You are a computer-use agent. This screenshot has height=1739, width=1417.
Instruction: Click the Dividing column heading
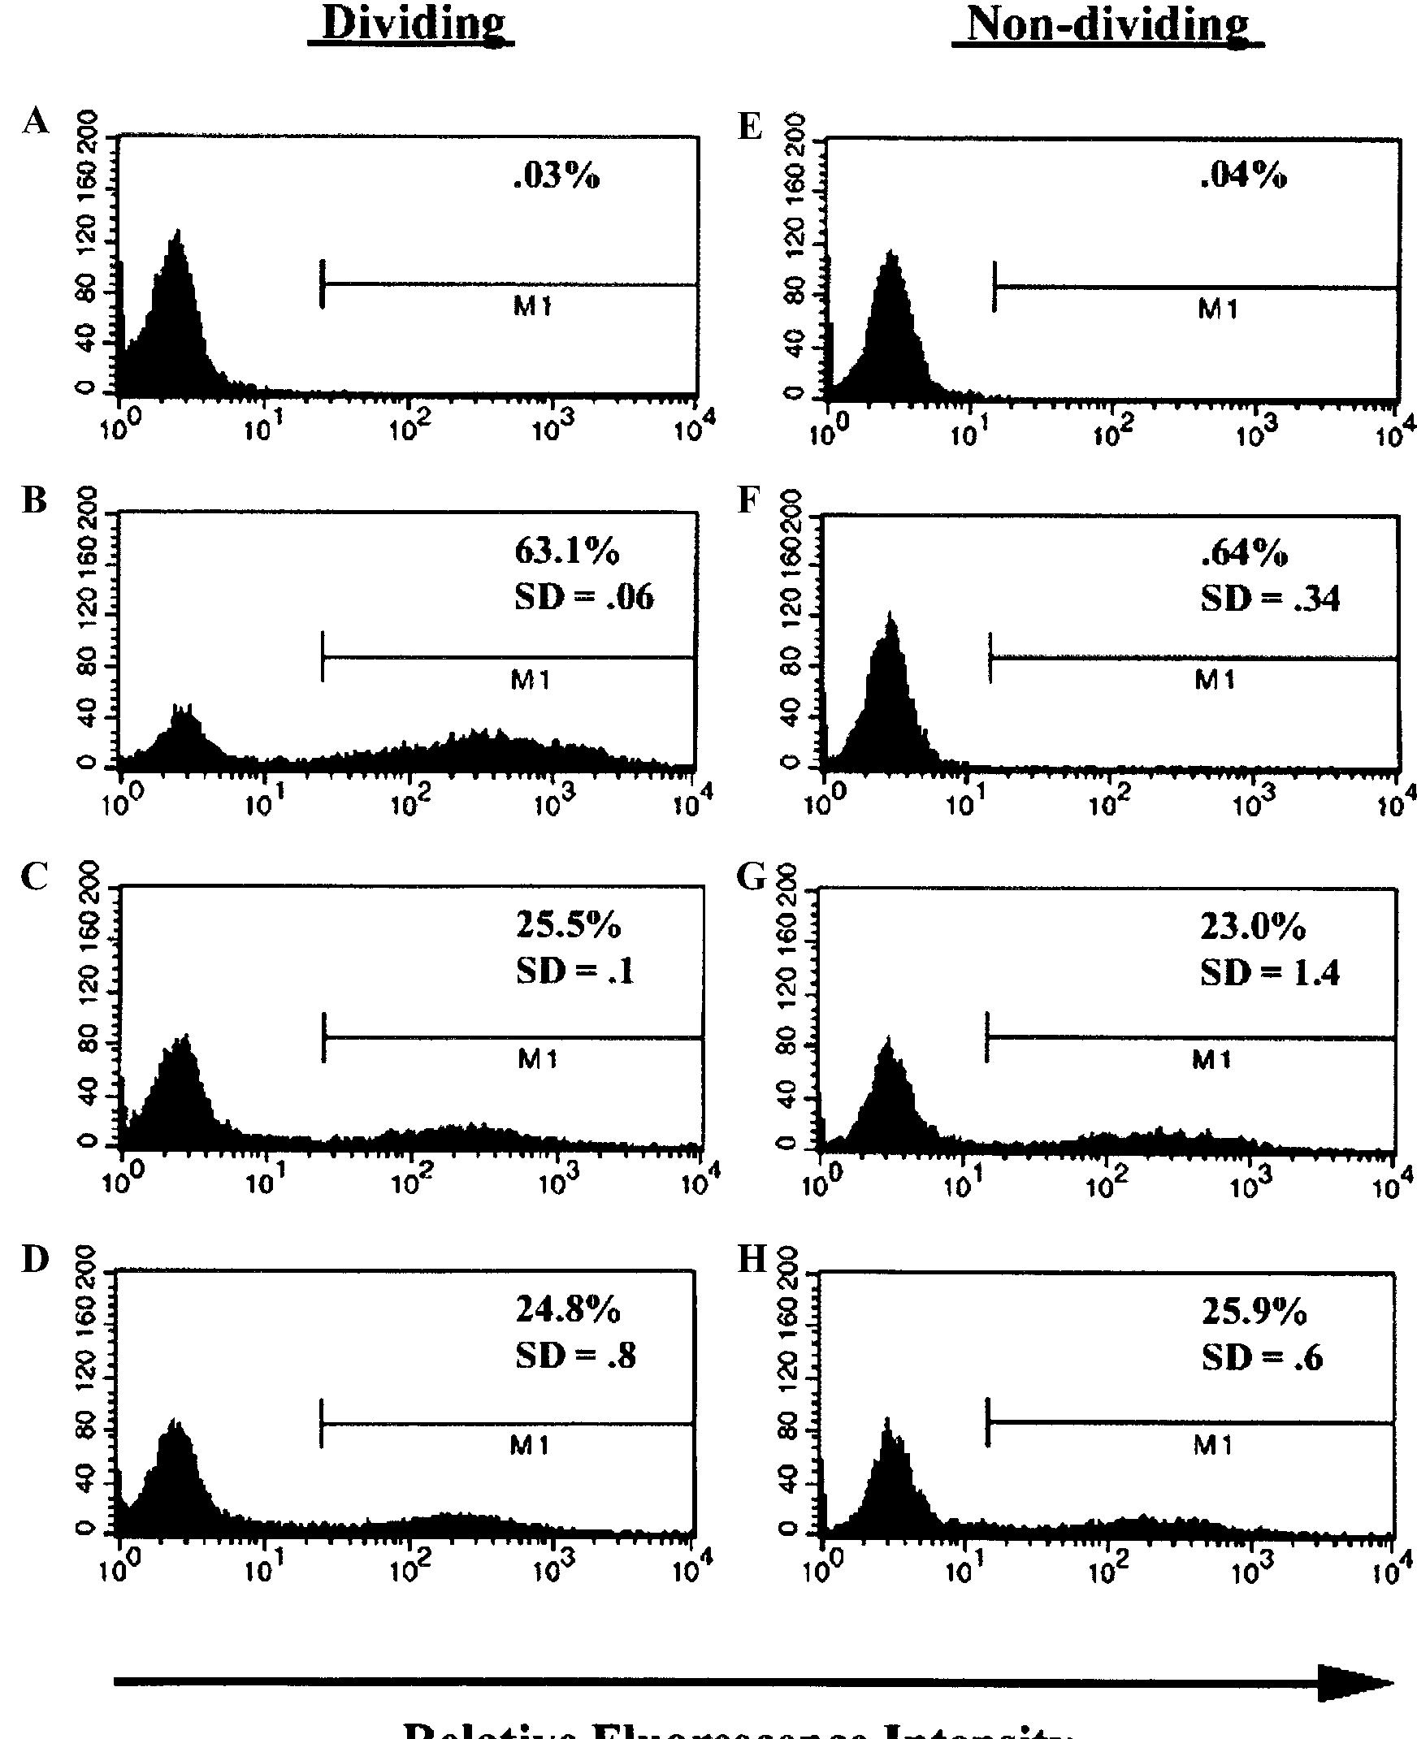[411, 24]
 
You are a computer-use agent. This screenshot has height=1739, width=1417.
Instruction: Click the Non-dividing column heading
[1107, 25]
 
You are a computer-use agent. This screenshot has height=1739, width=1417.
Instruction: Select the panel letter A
[35, 122]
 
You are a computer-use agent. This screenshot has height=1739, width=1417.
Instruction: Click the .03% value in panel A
[557, 175]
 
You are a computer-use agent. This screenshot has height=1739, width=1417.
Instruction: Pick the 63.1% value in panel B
[566, 552]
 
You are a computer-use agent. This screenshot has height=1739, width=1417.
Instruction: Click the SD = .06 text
[583, 597]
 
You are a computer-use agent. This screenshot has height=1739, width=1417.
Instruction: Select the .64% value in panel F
[1244, 553]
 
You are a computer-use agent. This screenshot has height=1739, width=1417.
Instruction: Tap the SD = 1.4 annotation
[1269, 973]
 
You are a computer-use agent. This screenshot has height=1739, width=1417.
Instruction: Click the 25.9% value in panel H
[1254, 1312]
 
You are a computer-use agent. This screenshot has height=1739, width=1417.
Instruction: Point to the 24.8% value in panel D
[568, 1310]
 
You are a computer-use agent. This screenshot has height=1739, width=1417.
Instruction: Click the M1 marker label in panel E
[1218, 309]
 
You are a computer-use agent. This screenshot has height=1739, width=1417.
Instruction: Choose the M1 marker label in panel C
[538, 1059]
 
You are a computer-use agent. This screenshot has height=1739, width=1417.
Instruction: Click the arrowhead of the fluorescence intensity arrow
[1355, 1683]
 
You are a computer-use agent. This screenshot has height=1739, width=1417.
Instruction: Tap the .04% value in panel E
[1243, 175]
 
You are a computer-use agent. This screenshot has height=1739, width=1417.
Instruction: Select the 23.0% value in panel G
[1252, 927]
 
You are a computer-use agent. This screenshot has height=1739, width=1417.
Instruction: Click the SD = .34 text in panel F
[1269, 599]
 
